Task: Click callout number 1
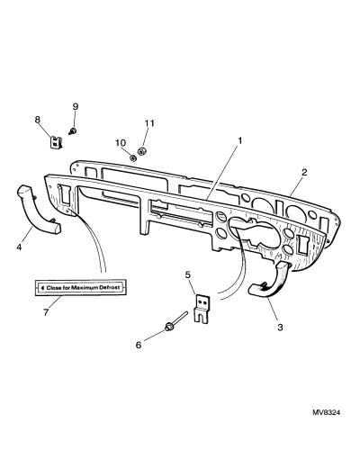(239, 140)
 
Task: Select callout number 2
(304, 172)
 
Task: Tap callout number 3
(280, 327)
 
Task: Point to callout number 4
(19, 247)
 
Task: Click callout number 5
(188, 274)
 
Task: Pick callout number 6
(139, 345)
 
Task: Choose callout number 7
(46, 312)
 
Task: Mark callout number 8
(38, 120)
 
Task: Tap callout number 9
(76, 106)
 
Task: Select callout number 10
(121, 143)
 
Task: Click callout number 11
(149, 123)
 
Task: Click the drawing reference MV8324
(327, 413)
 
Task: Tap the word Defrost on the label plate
(109, 287)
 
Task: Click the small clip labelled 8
(56, 142)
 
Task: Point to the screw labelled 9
(72, 131)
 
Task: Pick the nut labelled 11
(141, 150)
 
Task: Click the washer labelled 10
(132, 157)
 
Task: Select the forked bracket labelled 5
(202, 309)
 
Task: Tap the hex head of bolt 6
(168, 327)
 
